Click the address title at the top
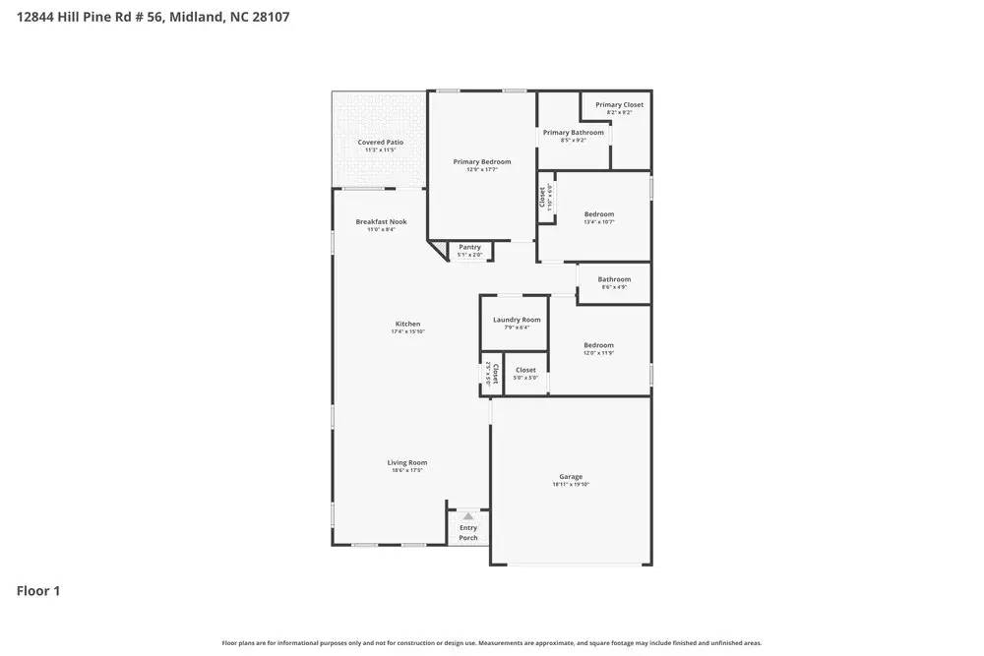coord(154,17)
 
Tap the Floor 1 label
coord(38,591)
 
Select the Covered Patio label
coord(380,143)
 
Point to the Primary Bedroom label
coord(482,161)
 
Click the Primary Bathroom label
coord(573,132)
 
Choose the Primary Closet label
coord(619,104)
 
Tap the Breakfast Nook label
coord(381,221)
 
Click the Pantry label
coord(469,247)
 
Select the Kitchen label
coord(407,324)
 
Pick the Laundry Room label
coord(517,320)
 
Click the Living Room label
coord(406,462)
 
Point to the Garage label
coord(571,476)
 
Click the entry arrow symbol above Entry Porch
coord(468,515)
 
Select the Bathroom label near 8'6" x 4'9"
coord(614,279)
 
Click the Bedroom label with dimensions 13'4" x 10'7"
coord(598,213)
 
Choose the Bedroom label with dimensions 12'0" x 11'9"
coord(598,345)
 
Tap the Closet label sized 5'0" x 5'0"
coord(525,370)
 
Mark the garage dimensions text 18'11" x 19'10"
coord(571,485)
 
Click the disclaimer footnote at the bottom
coord(492,643)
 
